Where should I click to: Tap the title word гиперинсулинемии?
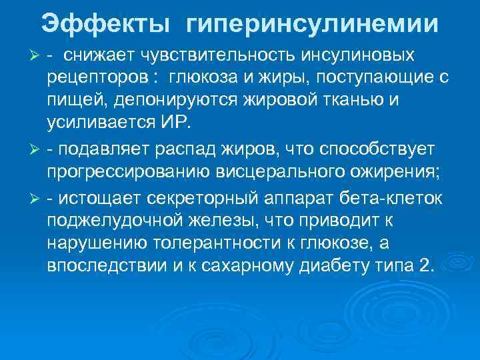coord(313,25)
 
